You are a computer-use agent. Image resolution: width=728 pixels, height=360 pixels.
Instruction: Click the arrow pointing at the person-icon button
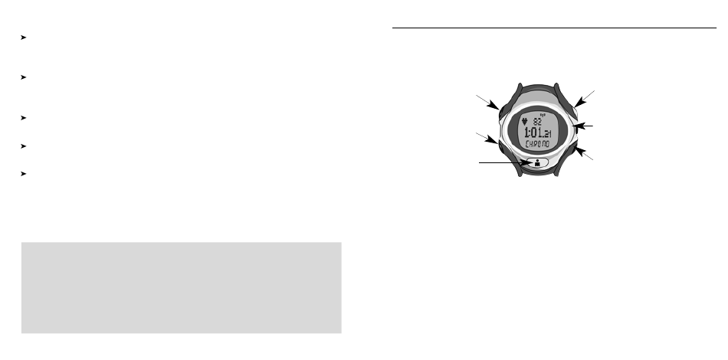pyautogui.click(x=501, y=162)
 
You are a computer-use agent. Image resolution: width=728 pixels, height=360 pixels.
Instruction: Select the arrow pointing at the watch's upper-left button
pyautogui.click(x=487, y=102)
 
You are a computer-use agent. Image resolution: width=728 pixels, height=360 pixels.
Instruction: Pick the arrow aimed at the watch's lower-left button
pyautogui.click(x=486, y=137)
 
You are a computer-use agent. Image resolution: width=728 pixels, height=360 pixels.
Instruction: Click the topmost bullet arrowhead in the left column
pyautogui.click(x=25, y=37)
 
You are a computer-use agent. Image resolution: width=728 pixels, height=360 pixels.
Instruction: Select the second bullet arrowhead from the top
pyautogui.click(x=25, y=78)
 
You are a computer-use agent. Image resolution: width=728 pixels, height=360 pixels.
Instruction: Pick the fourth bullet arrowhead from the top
pyautogui.click(x=25, y=144)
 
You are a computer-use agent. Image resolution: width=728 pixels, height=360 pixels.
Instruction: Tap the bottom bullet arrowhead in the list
pyautogui.click(x=25, y=173)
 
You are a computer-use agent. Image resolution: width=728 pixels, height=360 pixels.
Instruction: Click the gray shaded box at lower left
pyautogui.click(x=181, y=287)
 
